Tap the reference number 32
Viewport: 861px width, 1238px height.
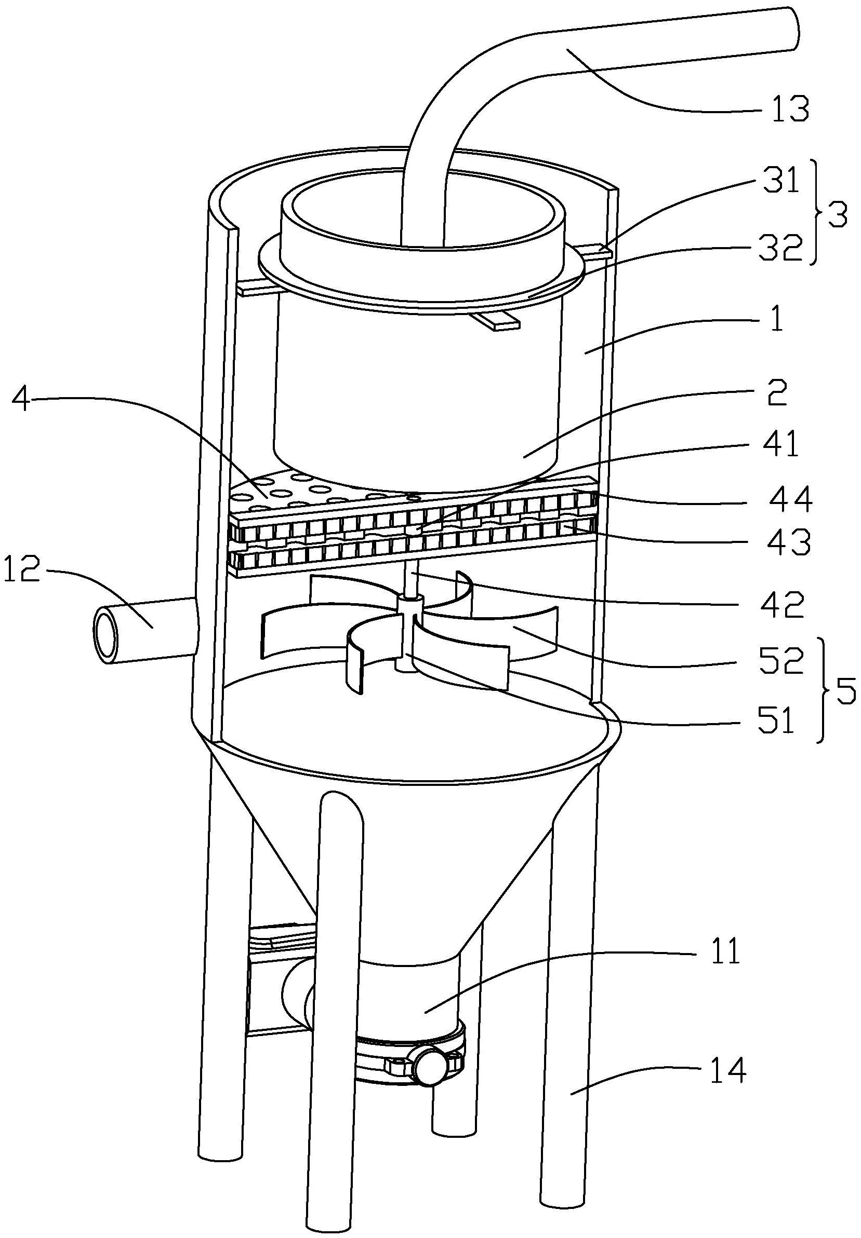coord(779,249)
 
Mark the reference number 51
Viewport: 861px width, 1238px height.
coord(775,721)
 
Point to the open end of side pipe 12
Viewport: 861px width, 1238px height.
coord(107,635)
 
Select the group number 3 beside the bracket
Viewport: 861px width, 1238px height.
coord(837,216)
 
